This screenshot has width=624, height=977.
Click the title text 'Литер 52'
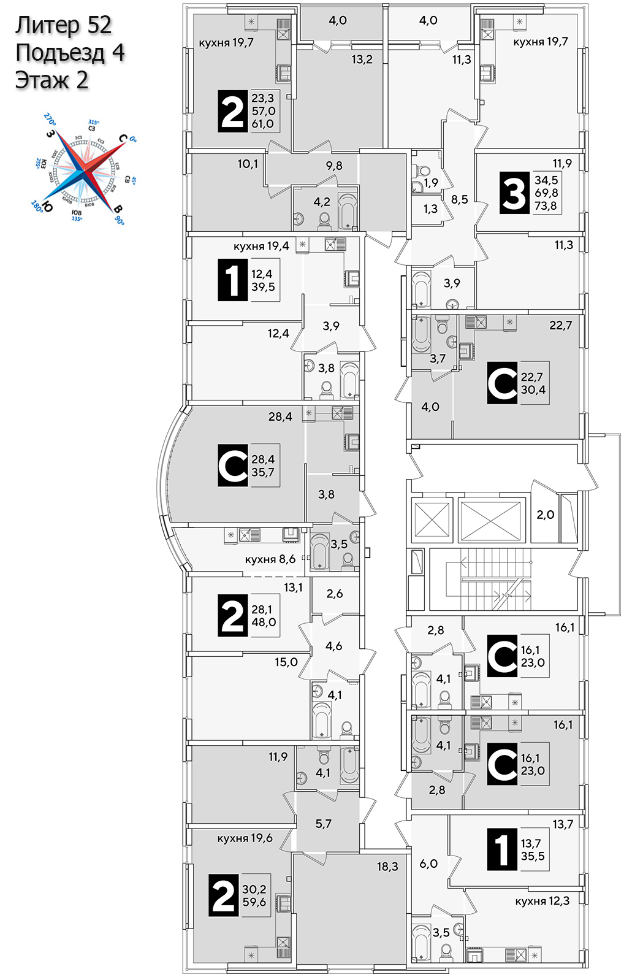point(64,25)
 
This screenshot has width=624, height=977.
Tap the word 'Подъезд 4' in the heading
point(70,53)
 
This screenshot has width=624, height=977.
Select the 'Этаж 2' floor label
point(52,80)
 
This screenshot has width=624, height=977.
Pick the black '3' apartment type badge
point(514,193)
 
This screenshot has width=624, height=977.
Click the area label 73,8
point(546,206)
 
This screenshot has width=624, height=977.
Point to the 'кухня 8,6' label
point(270,559)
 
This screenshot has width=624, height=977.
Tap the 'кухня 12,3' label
point(542,901)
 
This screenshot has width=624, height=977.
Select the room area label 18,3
point(387,867)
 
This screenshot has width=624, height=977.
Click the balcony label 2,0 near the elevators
point(545,515)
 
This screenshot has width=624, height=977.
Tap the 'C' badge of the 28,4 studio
point(233,466)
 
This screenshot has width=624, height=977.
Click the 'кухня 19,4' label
point(261,247)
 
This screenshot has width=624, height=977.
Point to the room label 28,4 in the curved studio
point(280,417)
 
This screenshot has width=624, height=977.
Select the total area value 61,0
point(262,124)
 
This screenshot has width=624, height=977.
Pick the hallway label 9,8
point(334,166)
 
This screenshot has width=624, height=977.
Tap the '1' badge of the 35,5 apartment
point(502,849)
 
